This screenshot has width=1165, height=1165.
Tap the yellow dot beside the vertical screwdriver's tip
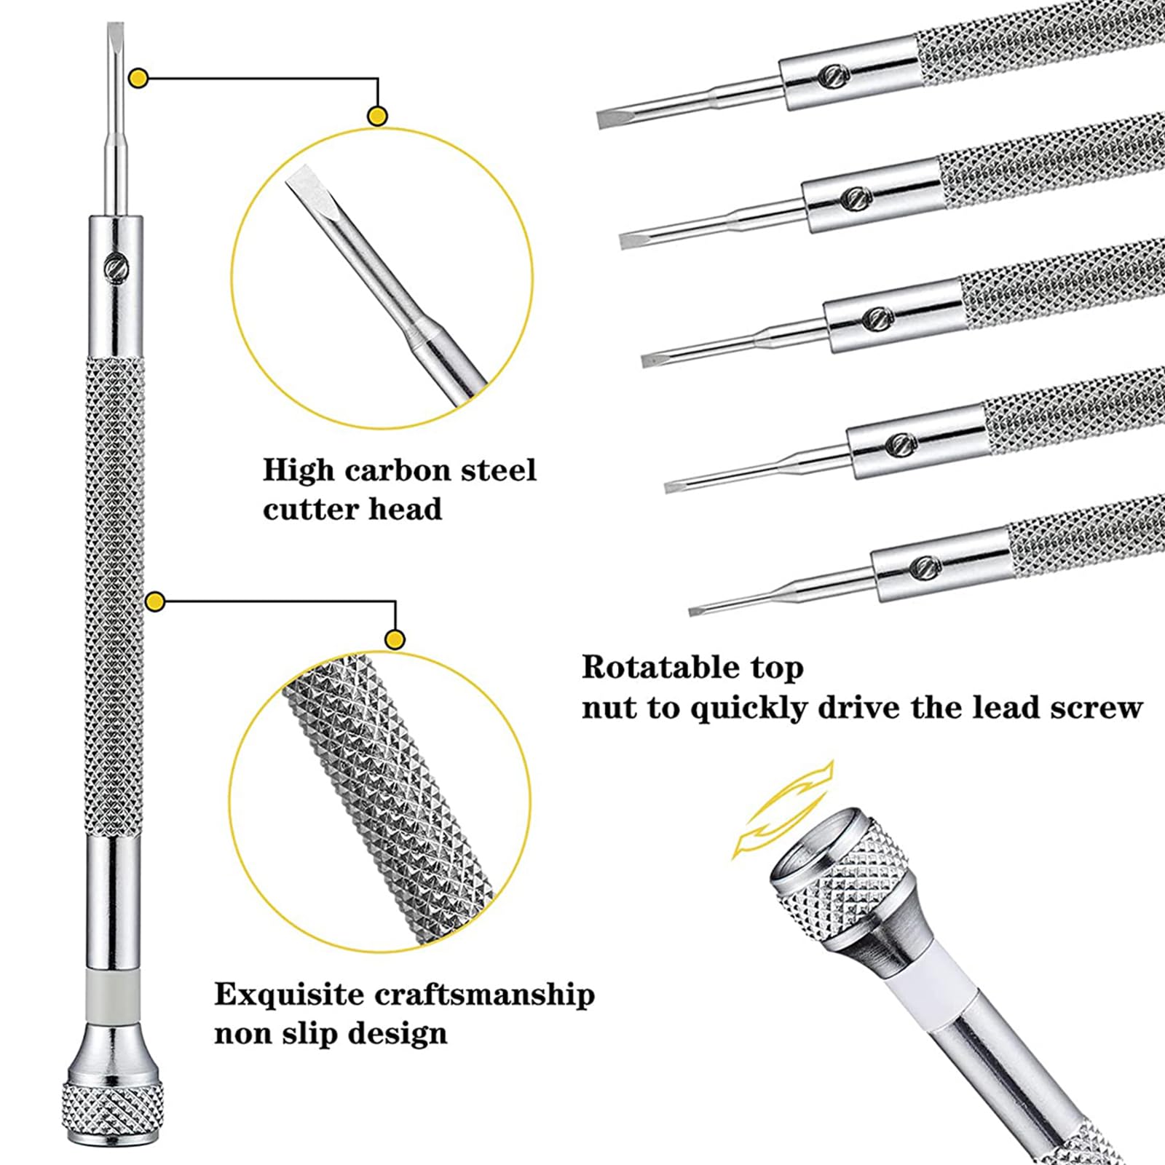138,77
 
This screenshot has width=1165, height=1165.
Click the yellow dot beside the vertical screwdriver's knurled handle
155,601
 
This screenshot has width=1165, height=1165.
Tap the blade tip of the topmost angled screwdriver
606,121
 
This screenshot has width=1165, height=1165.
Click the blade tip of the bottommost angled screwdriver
698,610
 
